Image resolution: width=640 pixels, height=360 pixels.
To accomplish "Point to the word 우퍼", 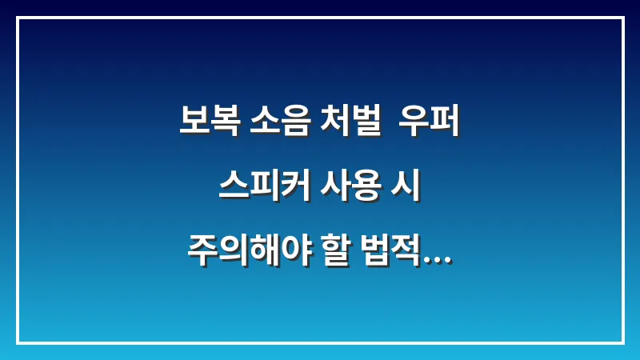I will click(432, 124).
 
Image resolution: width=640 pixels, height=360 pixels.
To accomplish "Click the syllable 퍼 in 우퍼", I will click(447, 124).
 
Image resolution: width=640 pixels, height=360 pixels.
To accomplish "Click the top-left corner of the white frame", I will click(18, 18).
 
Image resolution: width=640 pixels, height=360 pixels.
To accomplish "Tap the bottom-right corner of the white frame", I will click(622, 342).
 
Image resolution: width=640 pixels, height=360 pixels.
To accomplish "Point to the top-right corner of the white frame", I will click(622, 18).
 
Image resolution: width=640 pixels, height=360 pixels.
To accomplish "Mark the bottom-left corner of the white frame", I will click(18, 342).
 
